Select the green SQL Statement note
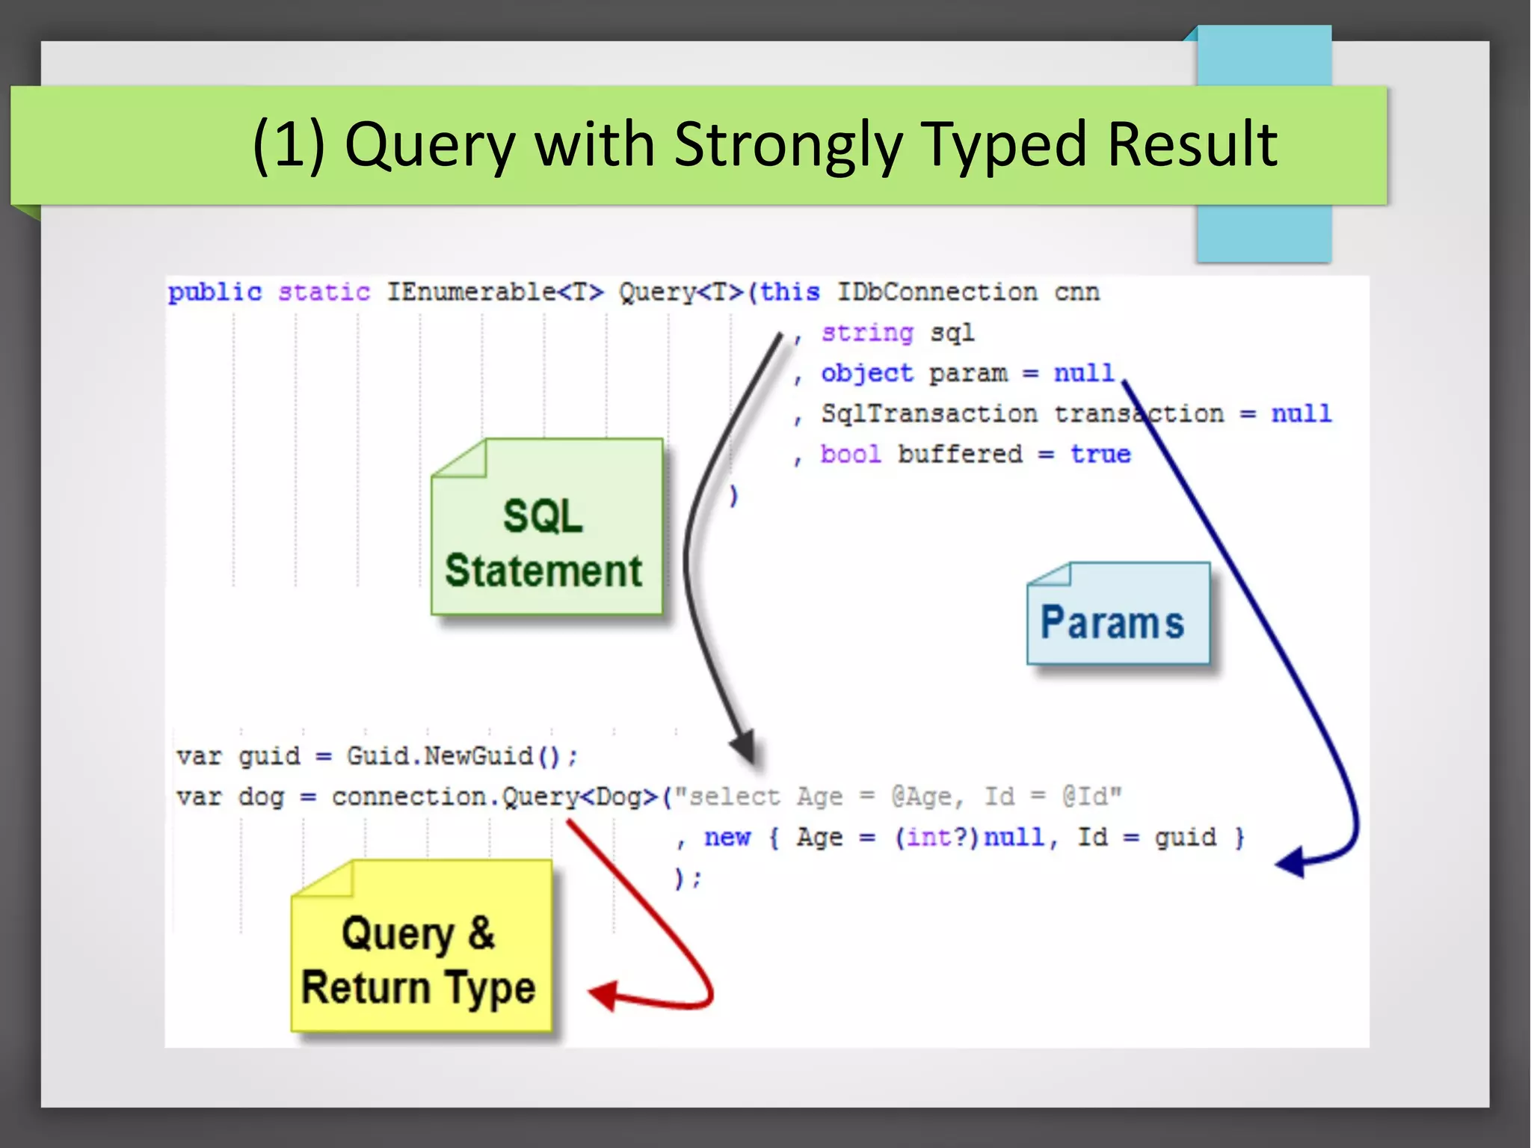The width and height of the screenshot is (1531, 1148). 546,527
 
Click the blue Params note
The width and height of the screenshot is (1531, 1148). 1118,614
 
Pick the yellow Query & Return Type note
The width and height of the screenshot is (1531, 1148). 421,946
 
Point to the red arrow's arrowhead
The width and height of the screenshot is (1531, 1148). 603,995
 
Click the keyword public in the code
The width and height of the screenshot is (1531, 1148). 215,292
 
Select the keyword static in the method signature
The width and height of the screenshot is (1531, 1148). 324,292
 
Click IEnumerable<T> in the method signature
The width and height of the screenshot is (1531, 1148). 494,292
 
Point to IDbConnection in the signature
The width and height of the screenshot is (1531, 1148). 936,292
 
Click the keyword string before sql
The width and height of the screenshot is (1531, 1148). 866,333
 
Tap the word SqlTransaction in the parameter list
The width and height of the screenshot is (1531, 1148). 928,414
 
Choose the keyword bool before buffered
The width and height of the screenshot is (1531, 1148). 850,454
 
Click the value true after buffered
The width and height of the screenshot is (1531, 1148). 1100,454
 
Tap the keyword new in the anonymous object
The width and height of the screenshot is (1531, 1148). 727,837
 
